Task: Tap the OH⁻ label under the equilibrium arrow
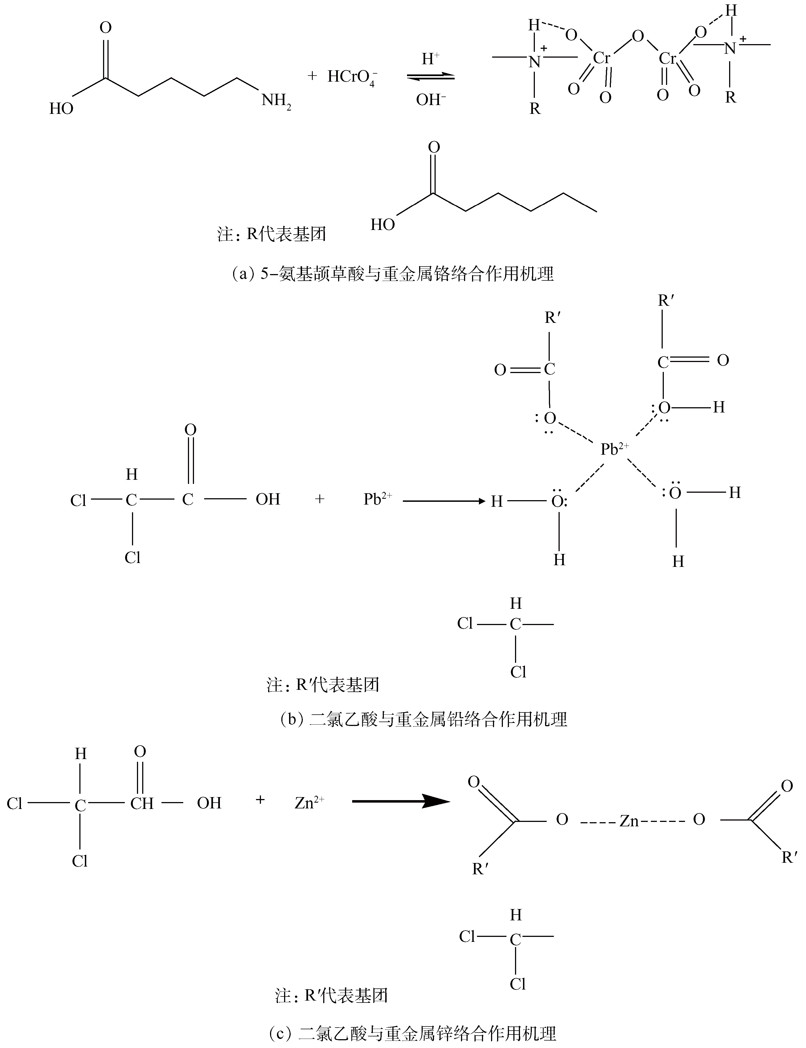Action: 431,100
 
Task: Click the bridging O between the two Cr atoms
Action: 637,36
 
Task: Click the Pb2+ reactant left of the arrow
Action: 377,499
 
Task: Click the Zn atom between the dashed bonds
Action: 629,821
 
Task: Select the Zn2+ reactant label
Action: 309,802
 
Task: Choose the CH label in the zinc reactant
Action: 142,803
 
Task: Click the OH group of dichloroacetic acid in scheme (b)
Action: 268,499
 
